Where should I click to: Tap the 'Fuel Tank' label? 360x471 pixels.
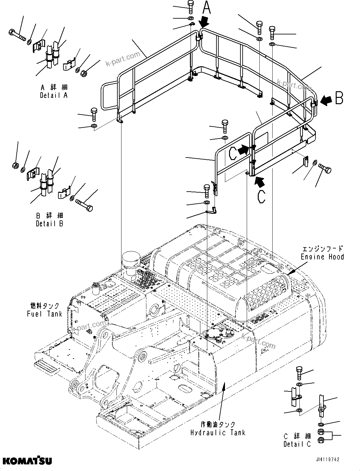point(44,310)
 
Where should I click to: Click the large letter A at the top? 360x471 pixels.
point(206,8)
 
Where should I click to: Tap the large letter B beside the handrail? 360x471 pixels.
point(339,98)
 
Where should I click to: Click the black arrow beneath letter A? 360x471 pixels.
point(204,22)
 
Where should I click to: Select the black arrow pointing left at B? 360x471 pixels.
point(326,100)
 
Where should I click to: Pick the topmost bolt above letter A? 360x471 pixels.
point(191,7)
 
